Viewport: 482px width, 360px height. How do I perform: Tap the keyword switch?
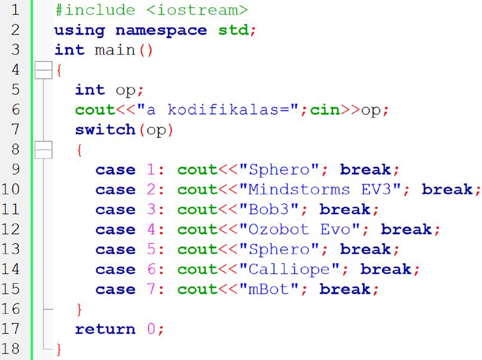coord(105,130)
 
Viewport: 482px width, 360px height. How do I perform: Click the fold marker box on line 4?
coord(43,70)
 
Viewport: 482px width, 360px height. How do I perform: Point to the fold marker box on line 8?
coord(43,150)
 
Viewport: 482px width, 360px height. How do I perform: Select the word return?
coord(105,329)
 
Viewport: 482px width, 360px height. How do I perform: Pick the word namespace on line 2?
coord(161,30)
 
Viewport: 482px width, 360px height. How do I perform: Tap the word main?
coord(115,50)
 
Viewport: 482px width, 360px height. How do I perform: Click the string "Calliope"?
coord(289,269)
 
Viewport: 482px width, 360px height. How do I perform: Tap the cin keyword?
coord(324,110)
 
